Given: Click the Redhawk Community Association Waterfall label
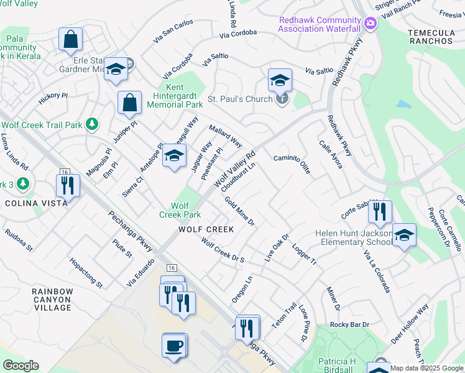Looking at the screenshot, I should pos(319,24).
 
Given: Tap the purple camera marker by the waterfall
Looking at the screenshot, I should pos(371,24).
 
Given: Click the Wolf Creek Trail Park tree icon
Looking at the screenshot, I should pos(92,124).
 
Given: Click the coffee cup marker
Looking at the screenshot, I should pos(175,345).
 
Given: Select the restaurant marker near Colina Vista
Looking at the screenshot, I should pos(67,185).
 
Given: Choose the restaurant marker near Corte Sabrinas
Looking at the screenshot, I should pos(379,213).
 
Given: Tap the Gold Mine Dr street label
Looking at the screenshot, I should pos(240,211).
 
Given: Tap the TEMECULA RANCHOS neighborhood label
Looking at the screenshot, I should pos(431,36).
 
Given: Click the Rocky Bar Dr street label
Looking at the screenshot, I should pos(350,325).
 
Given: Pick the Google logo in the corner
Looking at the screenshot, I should pos(21,366).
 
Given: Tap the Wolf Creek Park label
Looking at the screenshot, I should pos(185,210).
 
